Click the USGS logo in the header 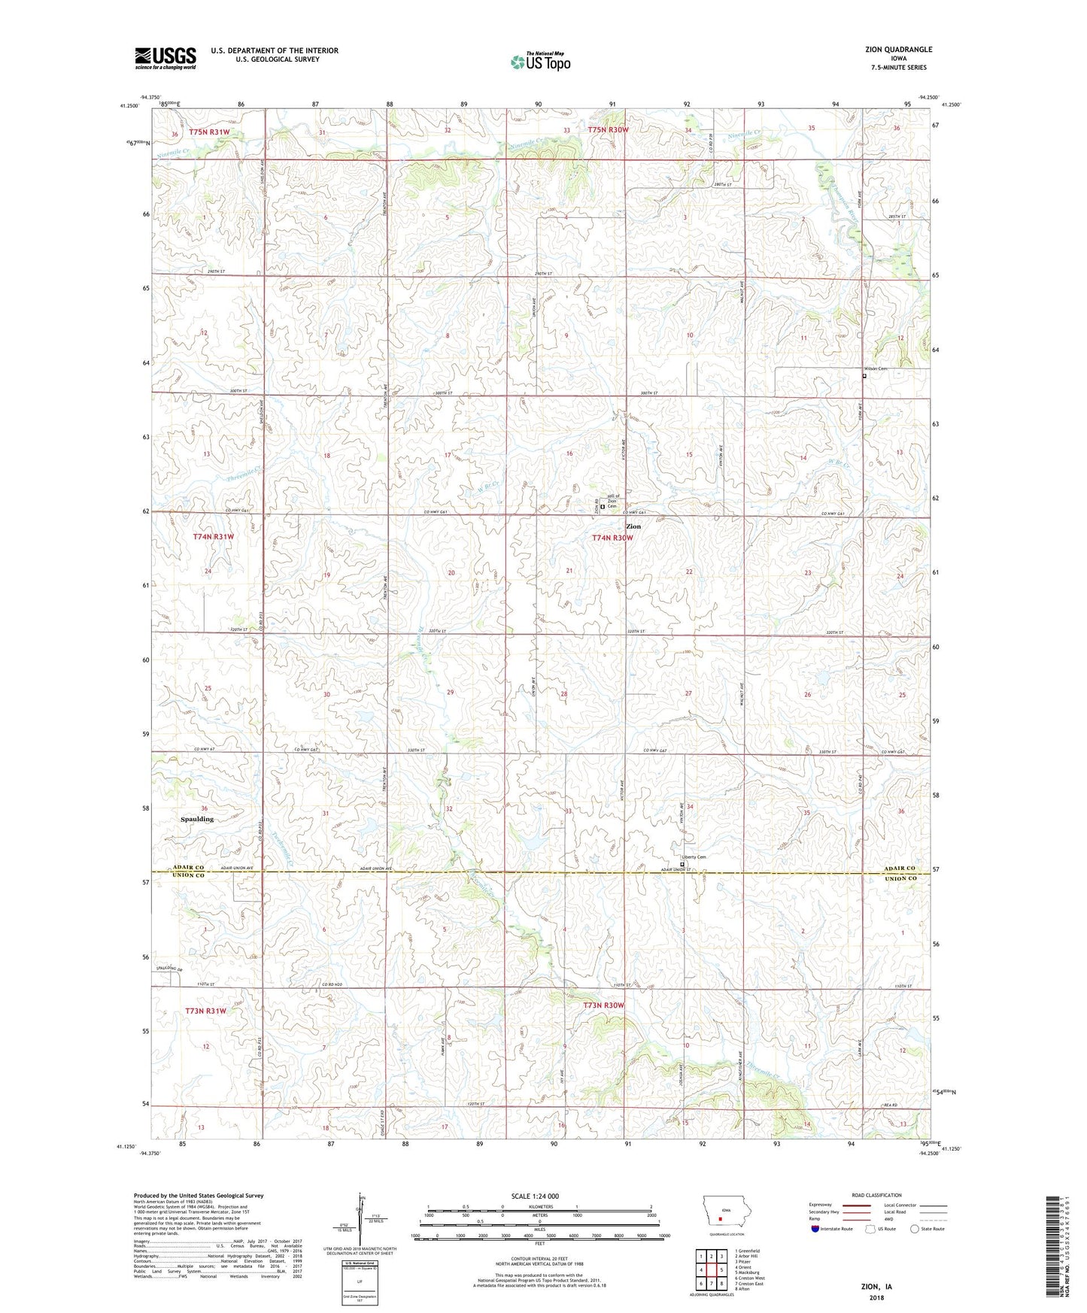point(165,57)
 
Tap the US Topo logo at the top point(540,62)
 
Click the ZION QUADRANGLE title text point(898,50)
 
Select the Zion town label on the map point(633,526)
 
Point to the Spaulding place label point(196,819)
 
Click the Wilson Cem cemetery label point(876,368)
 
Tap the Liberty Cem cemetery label point(694,857)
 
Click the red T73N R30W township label point(604,1005)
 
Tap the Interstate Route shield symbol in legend point(815,1229)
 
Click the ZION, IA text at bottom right point(876,1287)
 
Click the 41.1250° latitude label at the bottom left point(127,1147)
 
